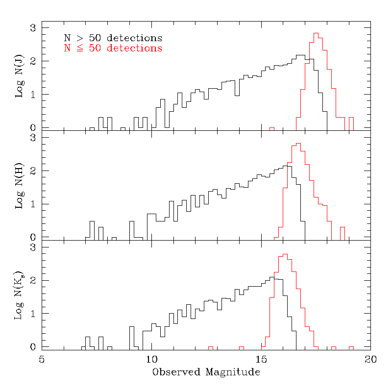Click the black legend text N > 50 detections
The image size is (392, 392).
coord(113,38)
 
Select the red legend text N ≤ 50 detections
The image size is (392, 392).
coord(113,49)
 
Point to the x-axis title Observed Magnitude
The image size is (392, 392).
coord(206,372)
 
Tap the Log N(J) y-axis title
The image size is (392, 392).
coord(20,76)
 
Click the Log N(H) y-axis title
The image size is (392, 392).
coord(20,186)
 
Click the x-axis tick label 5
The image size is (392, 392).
coord(42,359)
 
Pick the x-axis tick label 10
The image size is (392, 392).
coord(151,359)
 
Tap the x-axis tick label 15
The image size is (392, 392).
coord(261,359)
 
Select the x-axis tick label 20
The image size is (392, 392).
coord(370,359)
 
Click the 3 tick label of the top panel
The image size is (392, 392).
coord(33,28)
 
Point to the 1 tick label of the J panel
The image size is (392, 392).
coord(33,95)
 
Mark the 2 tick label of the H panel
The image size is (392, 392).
coord(33,171)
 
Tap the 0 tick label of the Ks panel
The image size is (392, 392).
coord(33,347)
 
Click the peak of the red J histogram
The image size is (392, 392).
coord(316,33)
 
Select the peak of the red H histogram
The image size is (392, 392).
coord(298,144)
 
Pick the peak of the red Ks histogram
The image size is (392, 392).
coord(285,254)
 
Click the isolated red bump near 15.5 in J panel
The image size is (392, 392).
coord(272,128)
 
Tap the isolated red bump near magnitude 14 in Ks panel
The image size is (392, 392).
coord(241,347)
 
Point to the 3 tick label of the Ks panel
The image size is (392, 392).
coord(33,247)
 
